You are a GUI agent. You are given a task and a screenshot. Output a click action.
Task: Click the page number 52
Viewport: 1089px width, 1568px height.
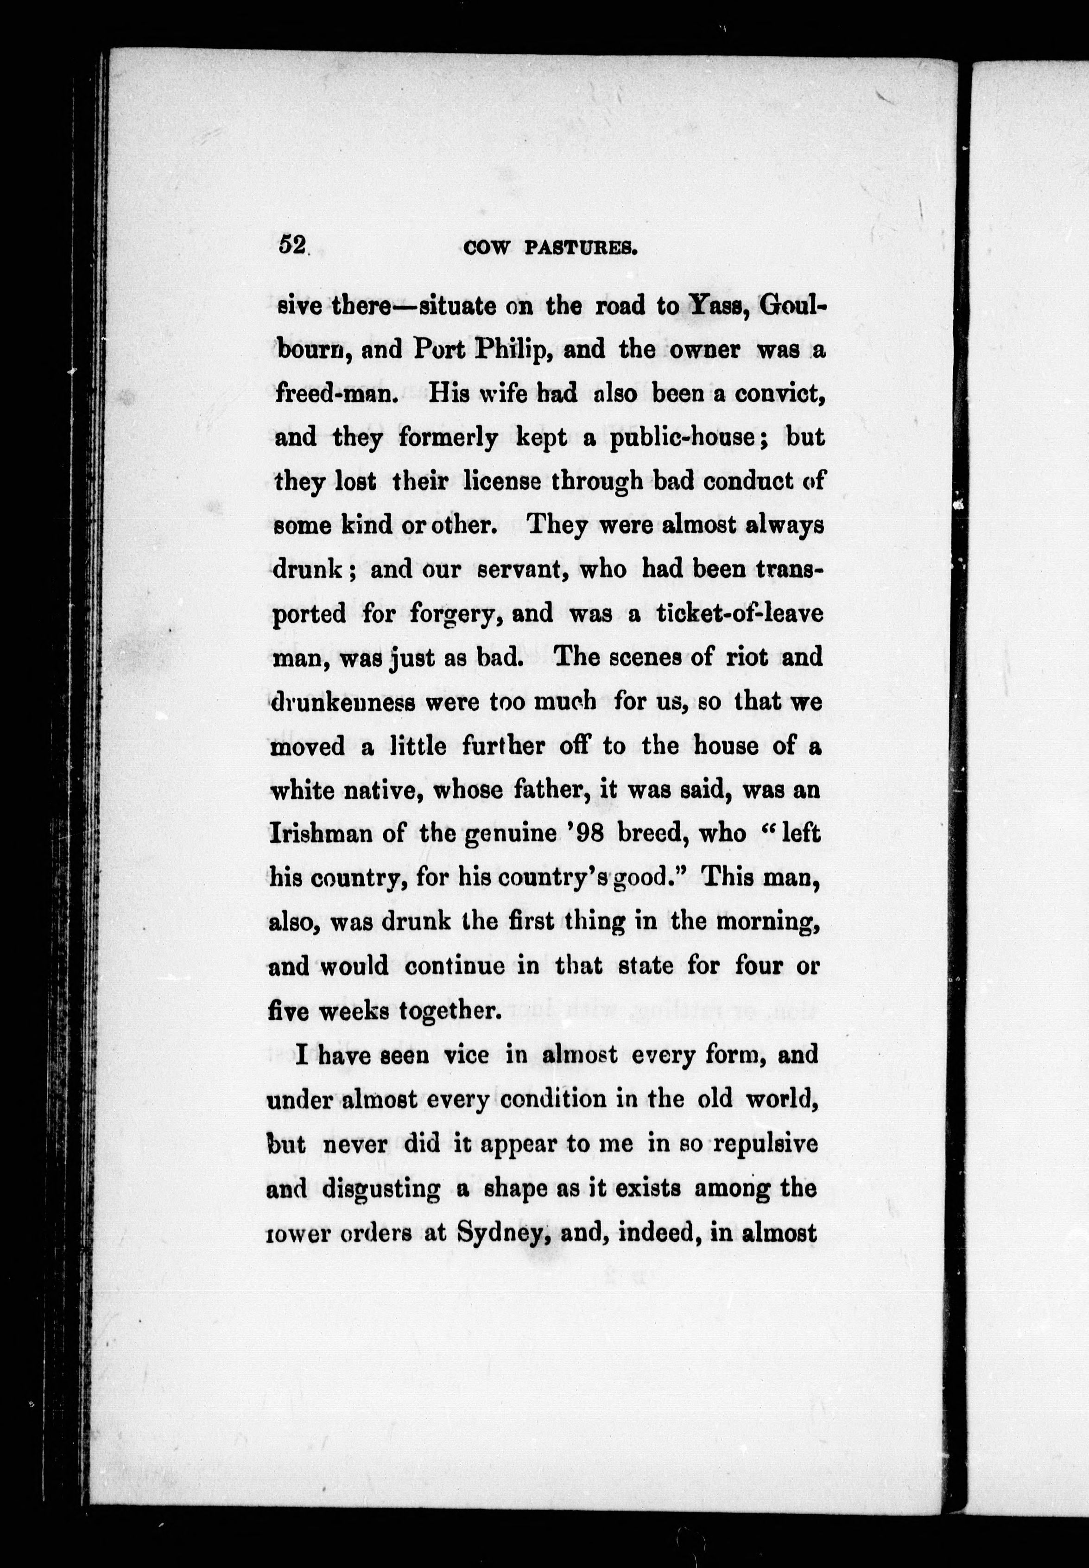coord(291,245)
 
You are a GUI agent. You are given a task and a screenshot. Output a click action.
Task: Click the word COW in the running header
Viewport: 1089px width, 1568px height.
coord(486,248)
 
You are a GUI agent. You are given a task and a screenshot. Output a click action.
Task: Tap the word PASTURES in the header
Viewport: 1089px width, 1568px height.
coord(581,248)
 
